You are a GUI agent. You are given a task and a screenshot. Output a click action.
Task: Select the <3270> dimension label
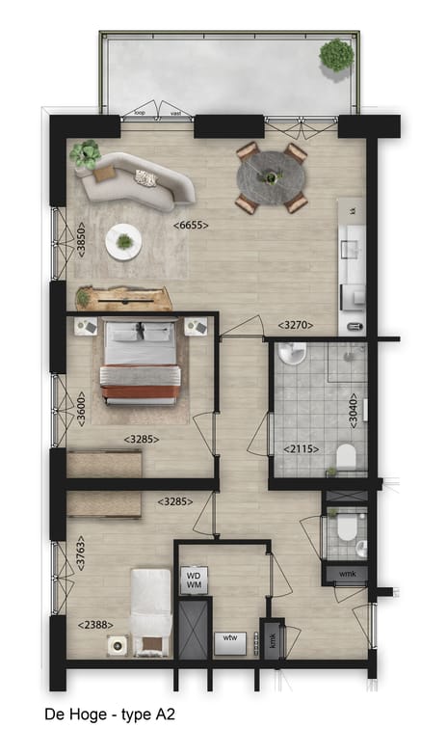pyautogui.click(x=295, y=325)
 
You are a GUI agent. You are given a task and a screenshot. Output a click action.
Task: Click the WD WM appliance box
pyautogui.click(x=194, y=580)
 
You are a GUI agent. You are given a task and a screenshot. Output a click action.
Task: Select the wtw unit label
pyautogui.click(x=229, y=638)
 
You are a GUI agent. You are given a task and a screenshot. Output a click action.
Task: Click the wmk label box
pyautogui.click(x=346, y=576)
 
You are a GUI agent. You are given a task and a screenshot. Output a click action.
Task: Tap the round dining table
pyautogui.click(x=272, y=176)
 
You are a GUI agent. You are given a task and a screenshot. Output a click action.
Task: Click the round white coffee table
pyautogui.click(x=124, y=241)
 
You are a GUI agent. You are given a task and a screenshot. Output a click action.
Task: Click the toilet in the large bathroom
pyautogui.click(x=346, y=455)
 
